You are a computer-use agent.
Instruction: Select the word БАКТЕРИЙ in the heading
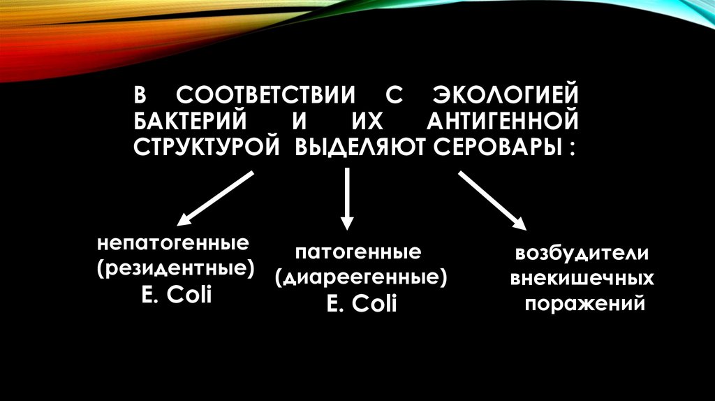(193, 122)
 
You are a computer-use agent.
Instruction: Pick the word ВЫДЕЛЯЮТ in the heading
(358, 148)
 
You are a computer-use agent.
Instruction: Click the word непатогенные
(173, 245)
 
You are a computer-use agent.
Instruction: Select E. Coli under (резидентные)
(176, 296)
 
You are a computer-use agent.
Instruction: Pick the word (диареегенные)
(360, 278)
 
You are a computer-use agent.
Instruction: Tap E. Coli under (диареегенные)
(360, 304)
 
